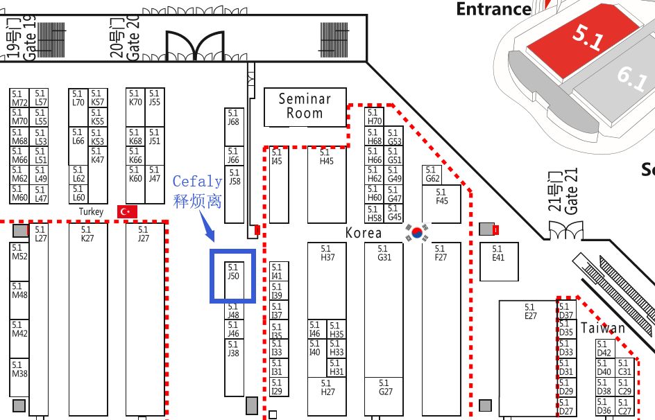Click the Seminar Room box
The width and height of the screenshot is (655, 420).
305,107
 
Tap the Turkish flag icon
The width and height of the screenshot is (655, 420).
127,211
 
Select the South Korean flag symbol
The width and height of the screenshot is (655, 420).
418,233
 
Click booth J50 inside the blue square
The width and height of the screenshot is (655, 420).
233,276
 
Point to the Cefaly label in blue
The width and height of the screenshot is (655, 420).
197,182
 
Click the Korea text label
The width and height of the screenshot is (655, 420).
364,233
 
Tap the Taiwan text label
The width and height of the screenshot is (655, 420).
602,329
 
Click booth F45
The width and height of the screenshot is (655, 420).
441,202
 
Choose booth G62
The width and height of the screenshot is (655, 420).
432,175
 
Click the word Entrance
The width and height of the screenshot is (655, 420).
493,9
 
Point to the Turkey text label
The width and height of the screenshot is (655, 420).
91,211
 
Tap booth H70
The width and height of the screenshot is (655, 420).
375,116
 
